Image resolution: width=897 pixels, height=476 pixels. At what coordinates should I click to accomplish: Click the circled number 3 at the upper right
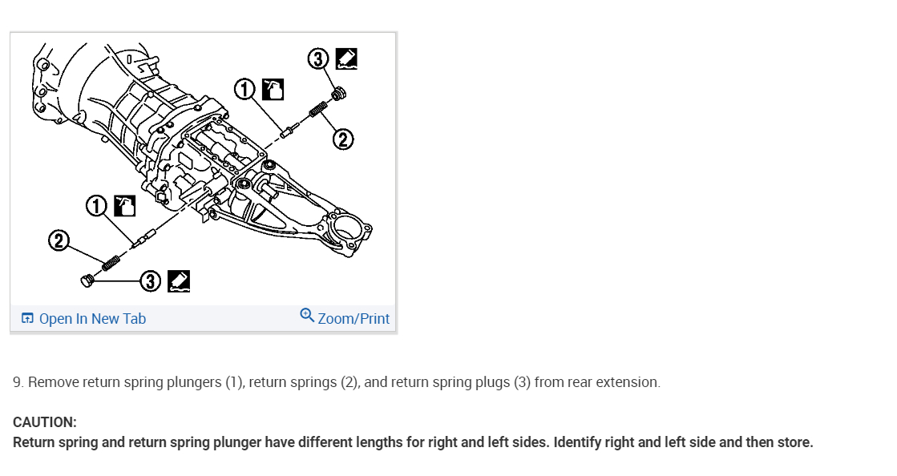[x=318, y=58]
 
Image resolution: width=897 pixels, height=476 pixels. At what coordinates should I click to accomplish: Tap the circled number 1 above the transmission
[x=245, y=89]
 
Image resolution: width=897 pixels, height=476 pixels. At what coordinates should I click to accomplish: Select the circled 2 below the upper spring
[x=342, y=140]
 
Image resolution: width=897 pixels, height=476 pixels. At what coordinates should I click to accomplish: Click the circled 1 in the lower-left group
[x=96, y=206]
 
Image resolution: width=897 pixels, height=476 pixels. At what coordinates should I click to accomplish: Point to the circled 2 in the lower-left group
[x=58, y=240]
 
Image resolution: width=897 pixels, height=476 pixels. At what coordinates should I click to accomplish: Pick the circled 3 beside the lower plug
[x=151, y=280]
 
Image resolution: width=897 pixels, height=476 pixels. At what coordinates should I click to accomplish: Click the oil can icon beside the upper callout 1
[x=273, y=89]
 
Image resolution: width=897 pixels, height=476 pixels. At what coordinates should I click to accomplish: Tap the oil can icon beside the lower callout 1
[x=124, y=206]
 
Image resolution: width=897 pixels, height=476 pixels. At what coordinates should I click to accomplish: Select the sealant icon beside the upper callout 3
[x=346, y=58]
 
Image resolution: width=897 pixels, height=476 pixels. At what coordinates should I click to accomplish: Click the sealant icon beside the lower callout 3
[x=179, y=280]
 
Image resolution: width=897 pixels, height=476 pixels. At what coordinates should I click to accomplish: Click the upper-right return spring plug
[x=338, y=95]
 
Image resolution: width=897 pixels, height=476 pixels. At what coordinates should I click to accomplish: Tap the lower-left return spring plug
[x=87, y=280]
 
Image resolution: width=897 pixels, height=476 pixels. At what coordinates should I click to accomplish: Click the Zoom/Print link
[x=353, y=319]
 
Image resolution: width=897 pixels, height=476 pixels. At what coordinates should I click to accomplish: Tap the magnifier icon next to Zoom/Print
[x=307, y=315]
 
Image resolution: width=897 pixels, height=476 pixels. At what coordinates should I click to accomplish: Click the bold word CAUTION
[x=45, y=422]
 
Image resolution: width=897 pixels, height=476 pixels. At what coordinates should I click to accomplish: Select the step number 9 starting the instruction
[x=18, y=382]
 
